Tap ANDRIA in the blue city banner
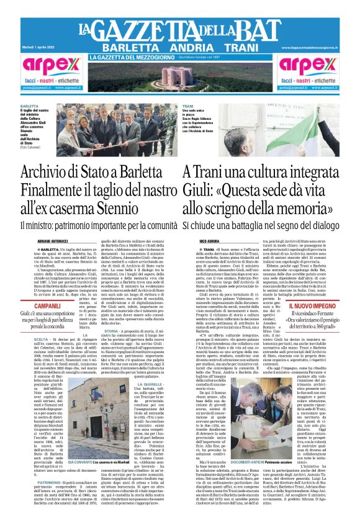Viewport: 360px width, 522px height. coord(179,48)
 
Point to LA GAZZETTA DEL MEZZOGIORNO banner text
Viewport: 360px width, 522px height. coord(131,58)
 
